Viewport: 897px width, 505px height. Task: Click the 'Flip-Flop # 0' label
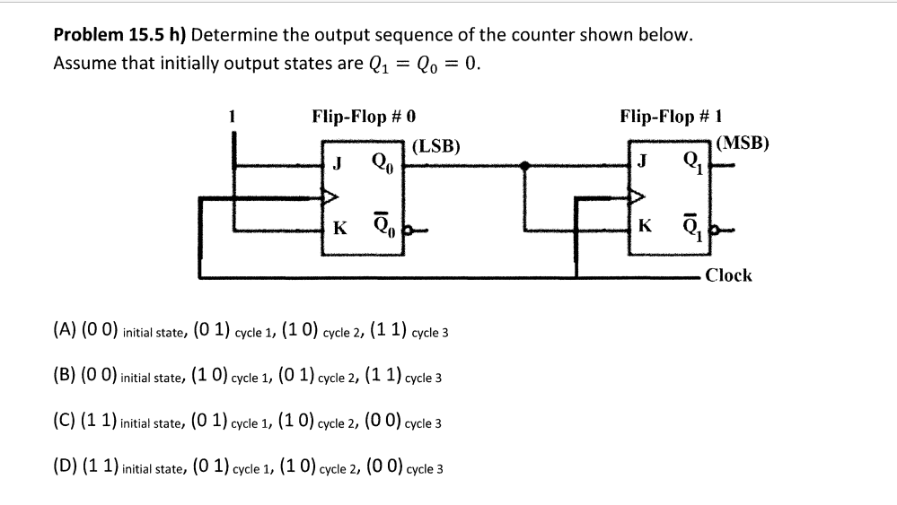click(x=364, y=117)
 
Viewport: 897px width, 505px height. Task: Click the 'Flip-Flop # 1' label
click(x=673, y=117)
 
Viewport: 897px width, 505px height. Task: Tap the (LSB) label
click(x=437, y=146)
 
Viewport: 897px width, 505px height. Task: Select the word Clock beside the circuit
click(x=728, y=275)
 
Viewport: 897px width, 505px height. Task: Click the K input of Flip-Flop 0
click(x=339, y=228)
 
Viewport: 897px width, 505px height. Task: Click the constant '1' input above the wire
click(x=233, y=117)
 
